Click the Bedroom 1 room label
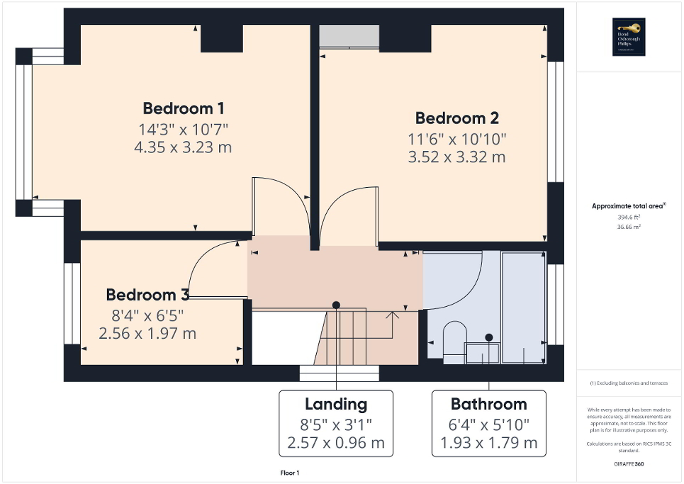click(x=184, y=108)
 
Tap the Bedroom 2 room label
click(x=456, y=118)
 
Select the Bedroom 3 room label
click(x=148, y=295)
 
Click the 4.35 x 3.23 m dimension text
click(x=183, y=147)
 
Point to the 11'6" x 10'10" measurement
click(x=456, y=139)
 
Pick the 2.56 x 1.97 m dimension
click(x=147, y=332)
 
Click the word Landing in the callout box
click(x=336, y=405)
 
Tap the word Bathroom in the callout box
click(x=489, y=405)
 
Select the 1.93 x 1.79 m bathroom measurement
click(x=489, y=444)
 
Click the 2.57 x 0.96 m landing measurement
click(x=336, y=444)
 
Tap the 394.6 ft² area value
click(x=626, y=218)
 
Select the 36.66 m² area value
click(x=626, y=227)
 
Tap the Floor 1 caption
click(x=290, y=473)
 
